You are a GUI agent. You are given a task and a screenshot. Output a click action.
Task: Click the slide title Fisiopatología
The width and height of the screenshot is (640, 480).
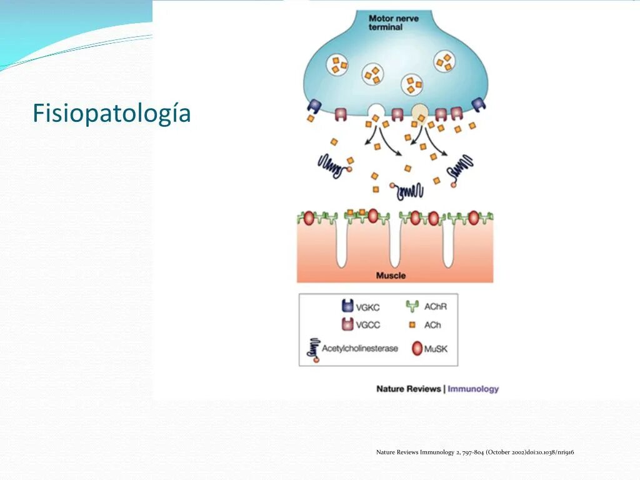click(x=111, y=114)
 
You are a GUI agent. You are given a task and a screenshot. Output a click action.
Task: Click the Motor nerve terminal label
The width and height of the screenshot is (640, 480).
click(x=394, y=23)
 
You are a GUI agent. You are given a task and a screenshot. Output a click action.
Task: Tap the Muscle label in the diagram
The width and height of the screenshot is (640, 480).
click(x=391, y=276)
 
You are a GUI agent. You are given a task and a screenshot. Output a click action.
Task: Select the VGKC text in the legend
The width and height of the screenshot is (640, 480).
click(x=367, y=307)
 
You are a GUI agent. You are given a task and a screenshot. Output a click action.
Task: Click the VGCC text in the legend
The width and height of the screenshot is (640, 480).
click(x=367, y=325)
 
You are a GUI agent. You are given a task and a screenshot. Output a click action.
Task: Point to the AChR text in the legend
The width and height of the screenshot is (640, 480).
click(x=436, y=306)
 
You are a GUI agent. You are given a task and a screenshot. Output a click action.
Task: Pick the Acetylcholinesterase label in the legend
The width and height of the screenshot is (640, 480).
click(x=359, y=348)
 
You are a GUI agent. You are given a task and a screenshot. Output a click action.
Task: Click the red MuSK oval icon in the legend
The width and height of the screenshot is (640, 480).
click(x=417, y=349)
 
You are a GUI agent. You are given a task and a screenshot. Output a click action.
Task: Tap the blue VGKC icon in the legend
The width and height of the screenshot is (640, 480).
click(x=347, y=306)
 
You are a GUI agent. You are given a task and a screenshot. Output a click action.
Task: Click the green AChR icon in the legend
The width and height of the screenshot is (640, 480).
click(x=412, y=306)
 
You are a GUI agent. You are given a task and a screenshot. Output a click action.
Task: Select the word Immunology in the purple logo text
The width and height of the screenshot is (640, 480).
click(x=473, y=389)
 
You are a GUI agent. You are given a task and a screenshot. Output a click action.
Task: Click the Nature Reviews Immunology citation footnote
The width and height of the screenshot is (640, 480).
click(x=475, y=452)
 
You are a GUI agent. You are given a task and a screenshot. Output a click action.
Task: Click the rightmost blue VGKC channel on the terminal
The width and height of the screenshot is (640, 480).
click(x=479, y=105)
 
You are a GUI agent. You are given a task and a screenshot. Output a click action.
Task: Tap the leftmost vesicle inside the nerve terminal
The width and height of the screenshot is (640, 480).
click(x=338, y=65)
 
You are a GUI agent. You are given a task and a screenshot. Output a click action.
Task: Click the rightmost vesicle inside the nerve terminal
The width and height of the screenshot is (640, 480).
click(x=445, y=61)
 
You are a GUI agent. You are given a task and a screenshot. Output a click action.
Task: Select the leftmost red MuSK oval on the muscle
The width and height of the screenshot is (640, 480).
click(x=308, y=218)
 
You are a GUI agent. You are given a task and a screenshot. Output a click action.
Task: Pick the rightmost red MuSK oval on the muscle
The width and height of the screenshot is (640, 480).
click(x=473, y=218)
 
